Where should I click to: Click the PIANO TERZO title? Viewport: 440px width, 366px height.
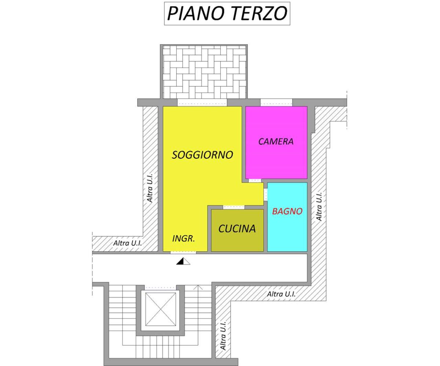(227, 14)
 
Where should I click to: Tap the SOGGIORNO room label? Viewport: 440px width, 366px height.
(202, 155)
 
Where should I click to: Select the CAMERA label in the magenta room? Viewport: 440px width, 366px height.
(276, 141)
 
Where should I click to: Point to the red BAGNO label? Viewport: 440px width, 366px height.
(287, 211)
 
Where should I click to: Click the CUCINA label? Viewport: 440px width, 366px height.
(237, 229)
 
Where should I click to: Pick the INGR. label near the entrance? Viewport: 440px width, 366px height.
(183, 239)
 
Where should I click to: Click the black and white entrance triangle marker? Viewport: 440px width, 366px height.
(183, 261)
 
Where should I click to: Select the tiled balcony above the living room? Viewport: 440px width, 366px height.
(204, 72)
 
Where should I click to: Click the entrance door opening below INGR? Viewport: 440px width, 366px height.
(183, 253)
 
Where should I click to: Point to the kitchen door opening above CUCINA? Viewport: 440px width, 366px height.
(234, 208)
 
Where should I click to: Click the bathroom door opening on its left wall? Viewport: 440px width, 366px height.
(265, 194)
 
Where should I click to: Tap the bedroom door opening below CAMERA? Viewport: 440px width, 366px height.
(255, 180)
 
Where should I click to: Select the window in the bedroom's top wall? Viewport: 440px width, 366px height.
(276, 102)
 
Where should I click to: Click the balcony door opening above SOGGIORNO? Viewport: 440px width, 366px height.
(202, 102)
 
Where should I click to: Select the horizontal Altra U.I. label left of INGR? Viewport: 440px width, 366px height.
(128, 243)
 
